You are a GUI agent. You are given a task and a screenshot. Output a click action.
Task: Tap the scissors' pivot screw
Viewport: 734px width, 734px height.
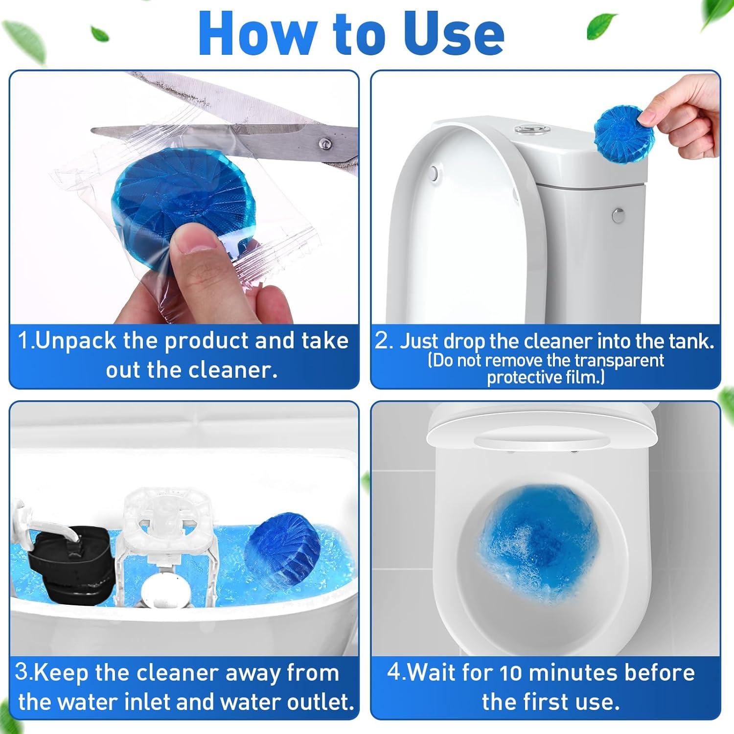click(x=323, y=143)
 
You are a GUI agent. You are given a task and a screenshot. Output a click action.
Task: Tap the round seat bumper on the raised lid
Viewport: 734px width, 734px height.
click(x=433, y=173)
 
